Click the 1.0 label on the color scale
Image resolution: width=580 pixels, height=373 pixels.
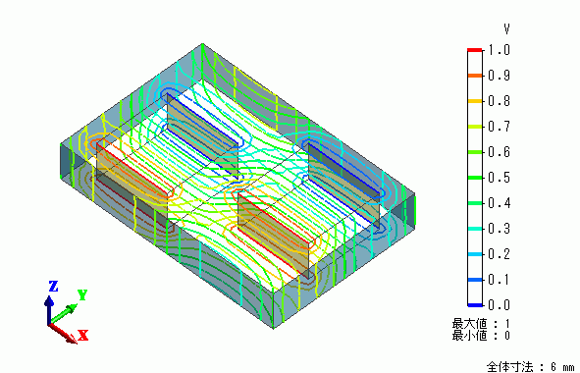click(x=500, y=50)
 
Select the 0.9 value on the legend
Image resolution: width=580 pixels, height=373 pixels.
click(x=500, y=76)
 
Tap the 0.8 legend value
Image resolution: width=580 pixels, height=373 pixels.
click(x=500, y=101)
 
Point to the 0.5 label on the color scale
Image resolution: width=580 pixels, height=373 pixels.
click(x=500, y=178)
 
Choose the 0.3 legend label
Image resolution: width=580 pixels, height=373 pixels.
click(x=500, y=229)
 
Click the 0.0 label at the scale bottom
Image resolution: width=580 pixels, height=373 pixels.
click(x=500, y=305)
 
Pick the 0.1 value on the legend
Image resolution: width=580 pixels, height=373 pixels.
click(x=500, y=280)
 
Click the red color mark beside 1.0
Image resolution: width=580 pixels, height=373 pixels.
click(x=475, y=50)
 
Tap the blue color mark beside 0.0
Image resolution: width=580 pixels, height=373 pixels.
click(x=475, y=305)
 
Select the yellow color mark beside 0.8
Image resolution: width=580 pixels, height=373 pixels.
click(x=475, y=101)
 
